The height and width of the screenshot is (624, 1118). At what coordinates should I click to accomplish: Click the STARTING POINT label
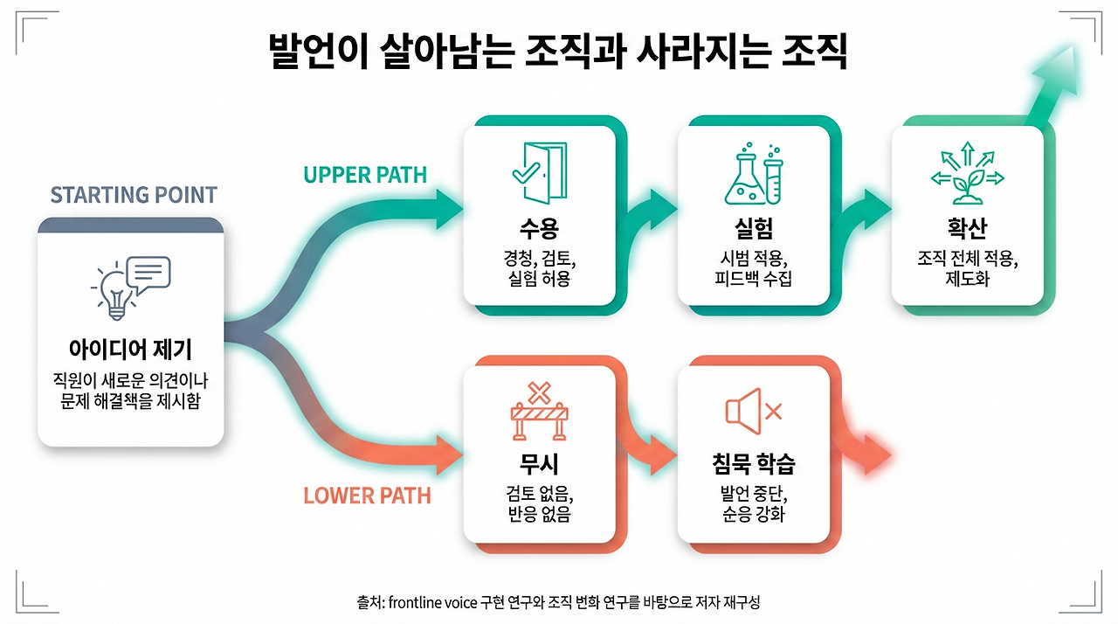133,194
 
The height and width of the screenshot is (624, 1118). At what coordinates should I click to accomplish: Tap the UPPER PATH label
365,175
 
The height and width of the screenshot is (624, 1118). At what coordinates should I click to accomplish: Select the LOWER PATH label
367,496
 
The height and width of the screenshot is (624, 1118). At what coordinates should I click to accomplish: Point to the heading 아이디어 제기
130,350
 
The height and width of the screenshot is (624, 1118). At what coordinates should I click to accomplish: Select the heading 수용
539,229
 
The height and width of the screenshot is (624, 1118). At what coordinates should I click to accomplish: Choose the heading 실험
753,229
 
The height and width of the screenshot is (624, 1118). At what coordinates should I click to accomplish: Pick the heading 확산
967,229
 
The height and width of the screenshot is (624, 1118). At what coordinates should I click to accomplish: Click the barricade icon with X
540,412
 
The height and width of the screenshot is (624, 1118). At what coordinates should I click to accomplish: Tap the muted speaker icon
752,411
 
